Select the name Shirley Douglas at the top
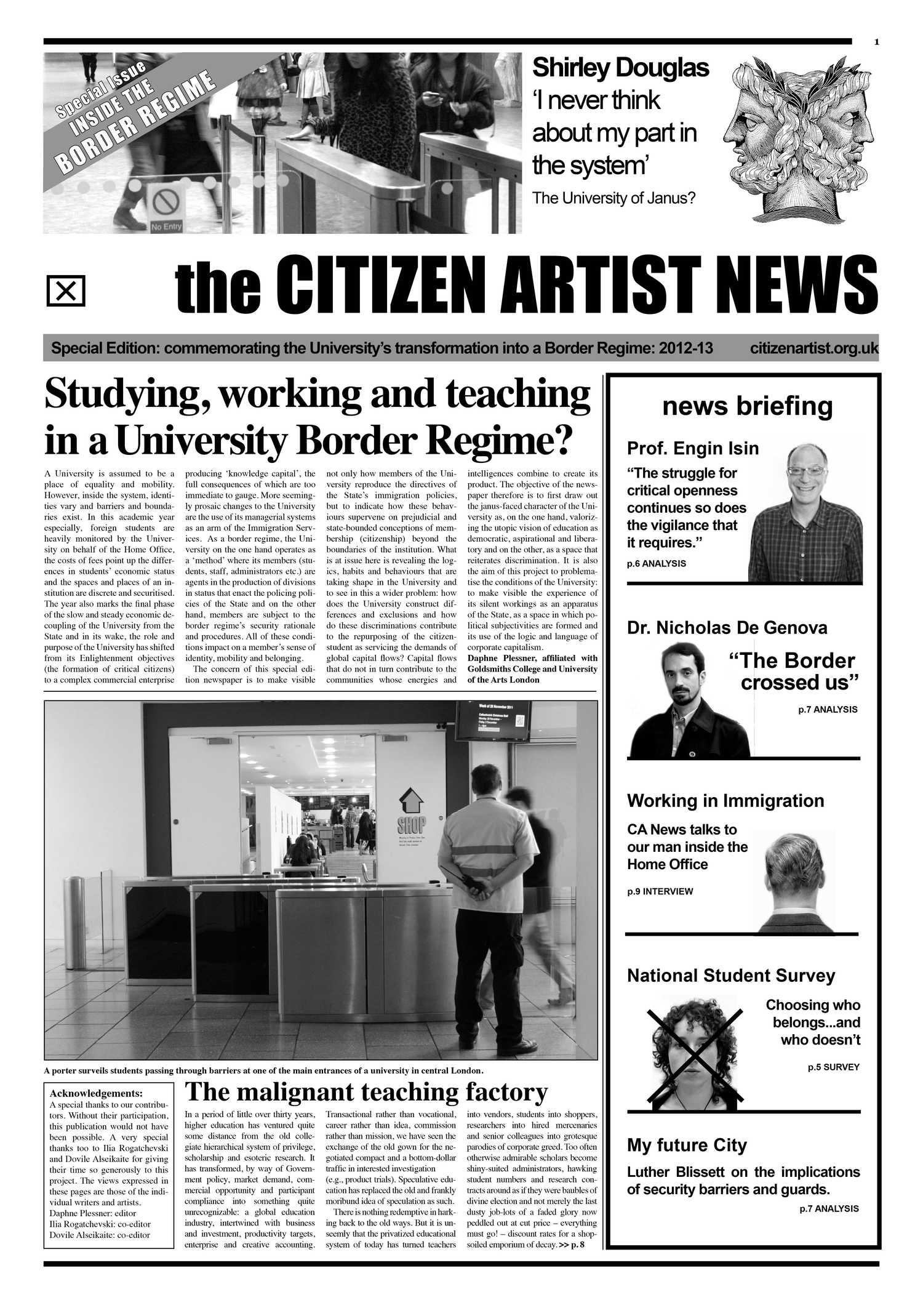[x=620, y=68]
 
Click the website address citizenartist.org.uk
[x=814, y=348]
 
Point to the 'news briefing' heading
[x=747, y=407]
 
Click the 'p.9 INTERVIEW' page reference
[x=660, y=891]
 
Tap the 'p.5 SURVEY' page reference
[x=833, y=1067]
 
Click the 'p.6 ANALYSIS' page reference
[x=656, y=563]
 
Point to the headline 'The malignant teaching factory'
[x=366, y=1092]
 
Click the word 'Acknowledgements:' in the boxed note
[x=96, y=1093]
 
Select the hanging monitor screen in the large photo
[x=492, y=720]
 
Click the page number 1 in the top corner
[x=876, y=42]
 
